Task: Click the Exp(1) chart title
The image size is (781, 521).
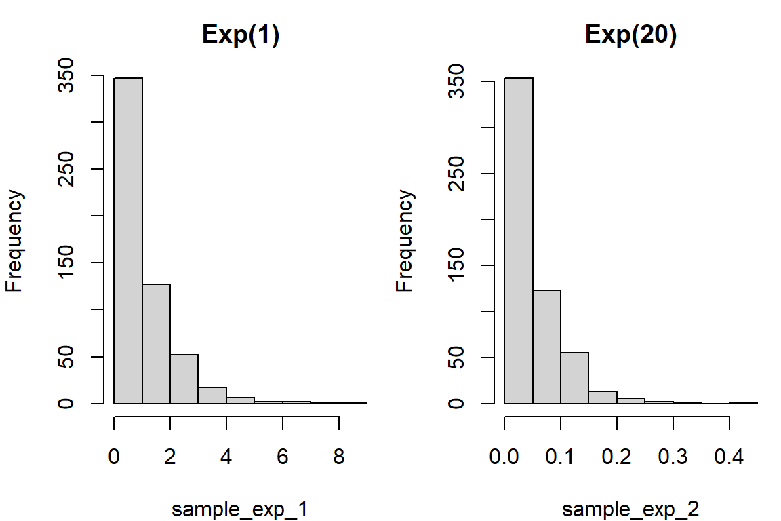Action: point(241,37)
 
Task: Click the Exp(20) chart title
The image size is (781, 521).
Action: point(631,37)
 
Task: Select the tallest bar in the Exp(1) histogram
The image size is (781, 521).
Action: point(128,240)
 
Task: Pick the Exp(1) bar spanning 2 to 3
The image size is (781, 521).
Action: point(184,379)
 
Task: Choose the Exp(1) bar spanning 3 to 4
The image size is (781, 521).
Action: point(212,395)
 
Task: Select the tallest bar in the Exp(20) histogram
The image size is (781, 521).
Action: point(519,240)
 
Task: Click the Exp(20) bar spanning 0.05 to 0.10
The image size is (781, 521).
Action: point(546,347)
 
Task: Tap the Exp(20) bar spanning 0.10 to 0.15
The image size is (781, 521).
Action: point(575,378)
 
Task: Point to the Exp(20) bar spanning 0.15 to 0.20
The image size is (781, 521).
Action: point(603,397)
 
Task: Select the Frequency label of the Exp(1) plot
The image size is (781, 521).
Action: point(15,241)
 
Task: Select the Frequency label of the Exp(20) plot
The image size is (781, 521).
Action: point(405,241)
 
